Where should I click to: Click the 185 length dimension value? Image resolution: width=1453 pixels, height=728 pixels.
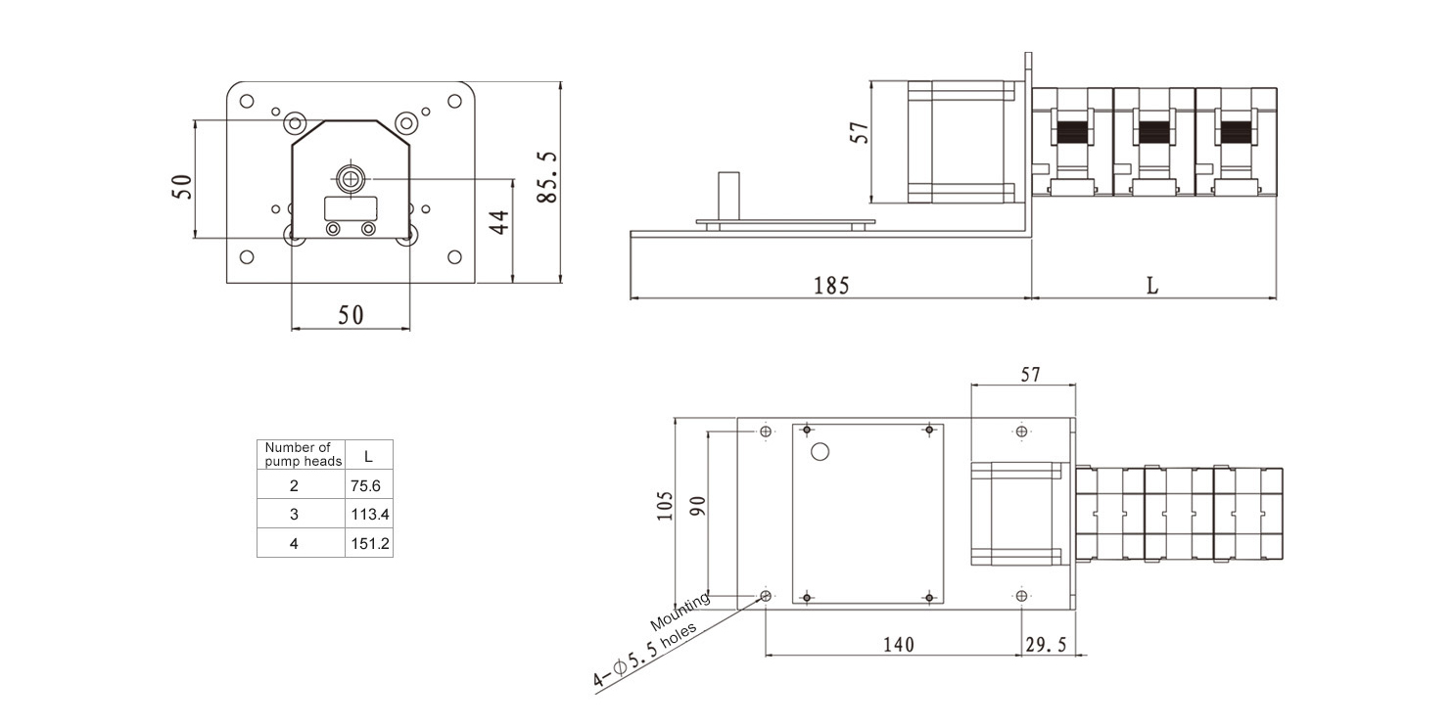[831, 286]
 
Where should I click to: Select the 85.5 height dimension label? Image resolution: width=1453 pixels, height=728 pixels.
[548, 178]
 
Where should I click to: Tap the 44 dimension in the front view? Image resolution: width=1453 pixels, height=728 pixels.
[498, 222]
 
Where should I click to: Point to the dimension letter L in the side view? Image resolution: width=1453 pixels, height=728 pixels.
[1152, 286]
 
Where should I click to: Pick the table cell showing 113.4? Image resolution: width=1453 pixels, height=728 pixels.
[370, 515]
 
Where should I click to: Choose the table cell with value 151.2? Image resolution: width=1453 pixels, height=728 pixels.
[370, 543]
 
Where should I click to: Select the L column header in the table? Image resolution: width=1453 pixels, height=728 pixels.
[368, 456]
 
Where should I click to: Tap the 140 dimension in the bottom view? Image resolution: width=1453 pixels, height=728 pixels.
[899, 645]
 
